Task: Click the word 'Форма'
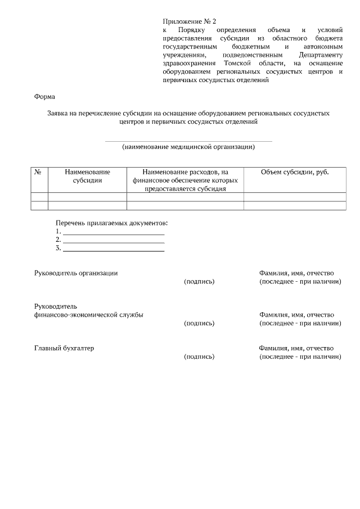coord(45,97)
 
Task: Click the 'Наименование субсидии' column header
coord(87,176)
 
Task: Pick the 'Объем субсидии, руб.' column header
coord(295,172)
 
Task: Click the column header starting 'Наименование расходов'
coord(185,180)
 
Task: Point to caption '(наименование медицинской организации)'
coord(188,147)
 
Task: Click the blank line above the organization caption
coord(188,141)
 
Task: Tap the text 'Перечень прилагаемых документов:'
coord(112,223)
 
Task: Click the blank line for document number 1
coord(114,232)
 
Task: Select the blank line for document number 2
coord(114,241)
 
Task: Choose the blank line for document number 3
coord(114,249)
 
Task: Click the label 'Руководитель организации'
coord(76,273)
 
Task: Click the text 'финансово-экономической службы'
coord(89,315)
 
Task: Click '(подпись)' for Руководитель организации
coord(199,281)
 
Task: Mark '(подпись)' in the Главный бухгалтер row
coord(199,357)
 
